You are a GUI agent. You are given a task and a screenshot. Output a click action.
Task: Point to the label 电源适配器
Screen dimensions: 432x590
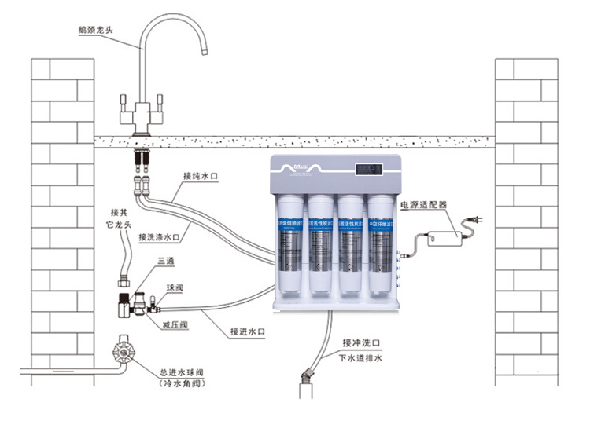pyautogui.click(x=423, y=204)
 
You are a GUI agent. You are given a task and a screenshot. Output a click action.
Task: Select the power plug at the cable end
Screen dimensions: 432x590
pyautogui.click(x=476, y=221)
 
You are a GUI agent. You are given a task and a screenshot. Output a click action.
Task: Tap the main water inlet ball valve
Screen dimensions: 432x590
pyautogui.click(x=124, y=351)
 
